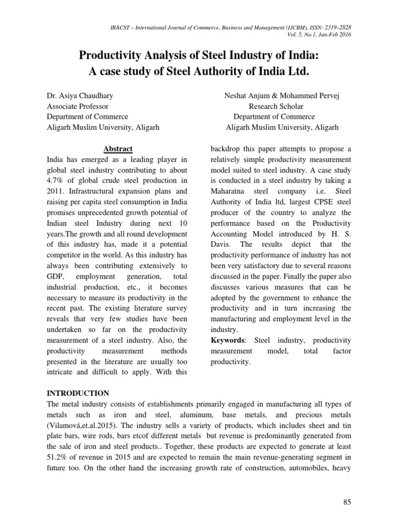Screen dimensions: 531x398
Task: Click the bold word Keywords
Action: tap(230, 340)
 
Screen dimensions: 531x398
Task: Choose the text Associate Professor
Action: tap(78, 106)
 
